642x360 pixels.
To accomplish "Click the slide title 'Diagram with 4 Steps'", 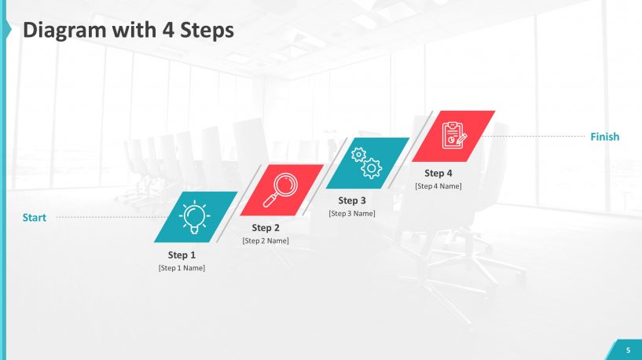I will tap(128, 30).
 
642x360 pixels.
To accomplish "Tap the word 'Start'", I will tap(34, 218).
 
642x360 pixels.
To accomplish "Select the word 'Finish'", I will tap(604, 137).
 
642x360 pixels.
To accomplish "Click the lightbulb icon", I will tap(195, 216).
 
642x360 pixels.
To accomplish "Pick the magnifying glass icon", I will tap(281, 189).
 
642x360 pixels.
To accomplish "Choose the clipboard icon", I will tap(453, 135).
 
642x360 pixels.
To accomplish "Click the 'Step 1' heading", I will tap(182, 255).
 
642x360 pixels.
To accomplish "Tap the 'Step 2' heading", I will tap(266, 228).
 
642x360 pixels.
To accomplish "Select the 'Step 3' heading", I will tap(352, 200).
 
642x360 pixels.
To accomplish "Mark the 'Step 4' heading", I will tap(438, 173).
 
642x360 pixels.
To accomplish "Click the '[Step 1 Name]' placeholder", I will tap(182, 268).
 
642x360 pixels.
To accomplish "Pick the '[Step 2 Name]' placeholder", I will tap(266, 241).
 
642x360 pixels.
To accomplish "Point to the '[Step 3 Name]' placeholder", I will tap(352, 213).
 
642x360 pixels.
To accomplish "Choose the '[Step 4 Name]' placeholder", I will tap(438, 186).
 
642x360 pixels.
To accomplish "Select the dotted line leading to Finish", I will tap(534, 137).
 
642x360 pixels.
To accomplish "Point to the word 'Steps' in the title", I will tap(207, 30).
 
